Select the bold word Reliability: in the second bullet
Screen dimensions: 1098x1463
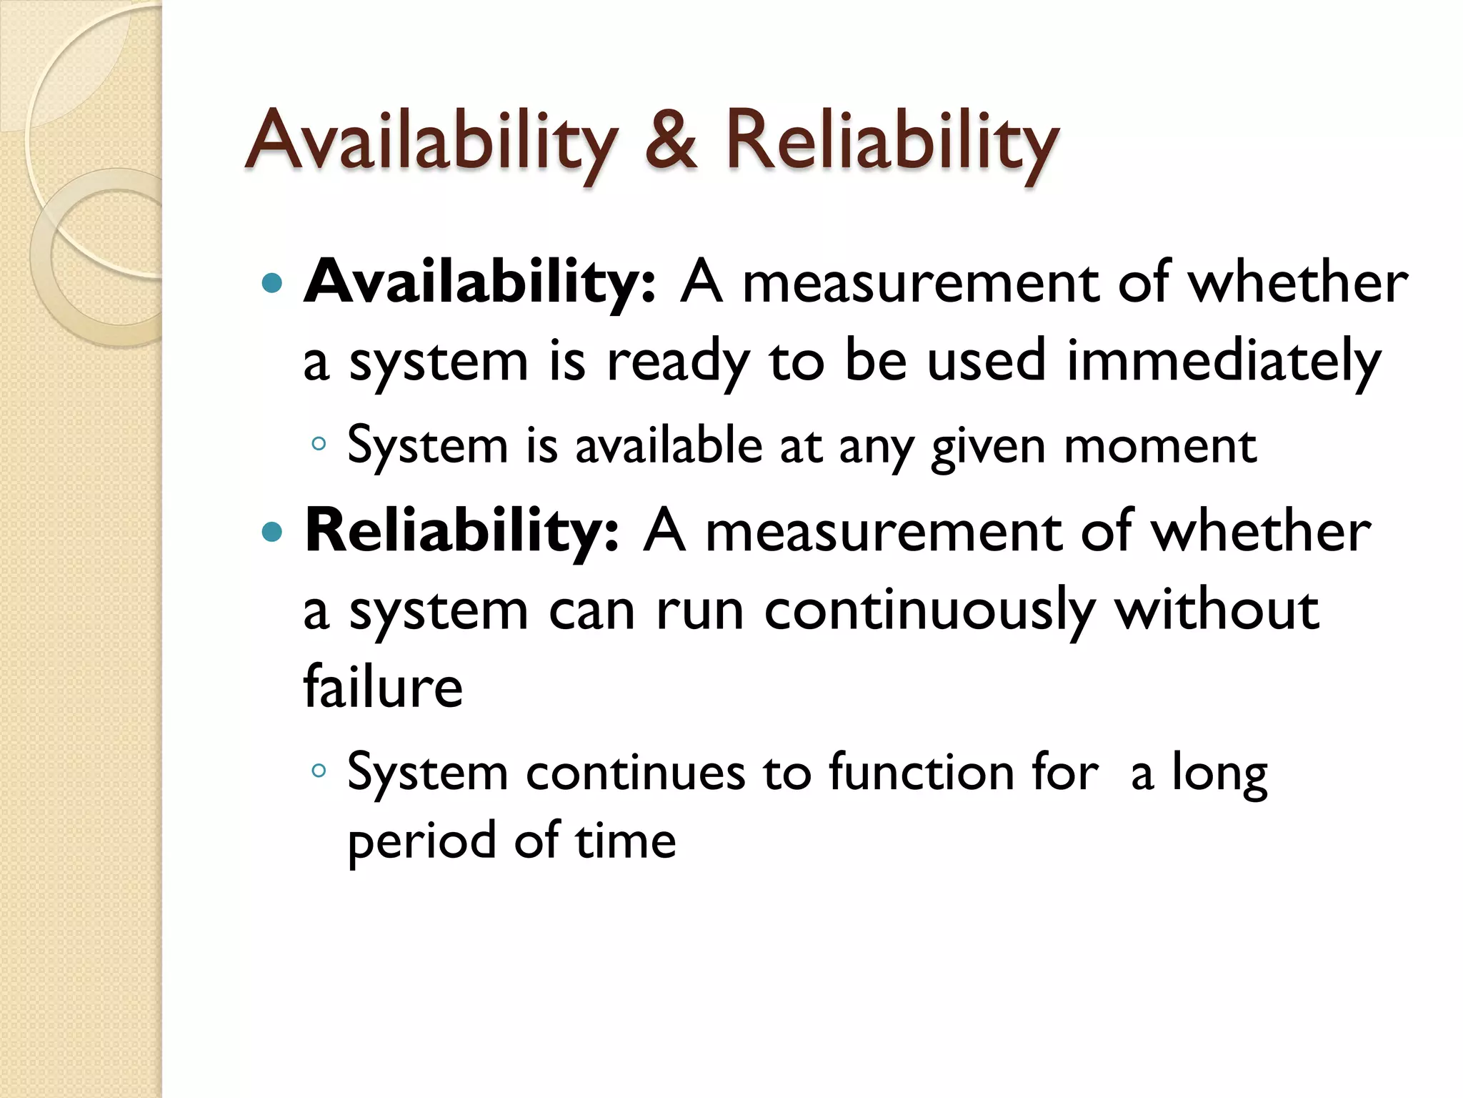pyautogui.click(x=461, y=533)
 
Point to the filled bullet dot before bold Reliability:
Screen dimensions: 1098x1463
pyautogui.click(x=272, y=533)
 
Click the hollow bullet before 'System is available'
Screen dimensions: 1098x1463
pyautogui.click(x=319, y=445)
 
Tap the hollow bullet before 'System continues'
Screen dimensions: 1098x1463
pyautogui.click(x=319, y=771)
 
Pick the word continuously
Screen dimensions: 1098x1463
pyautogui.click(x=929, y=612)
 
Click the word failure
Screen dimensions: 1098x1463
pyautogui.click(x=383, y=686)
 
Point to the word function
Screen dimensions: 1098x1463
pyautogui.click(x=922, y=772)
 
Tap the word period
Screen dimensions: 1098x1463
pyautogui.click(x=421, y=841)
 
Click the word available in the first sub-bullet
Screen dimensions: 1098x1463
pyautogui.click(x=669, y=445)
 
